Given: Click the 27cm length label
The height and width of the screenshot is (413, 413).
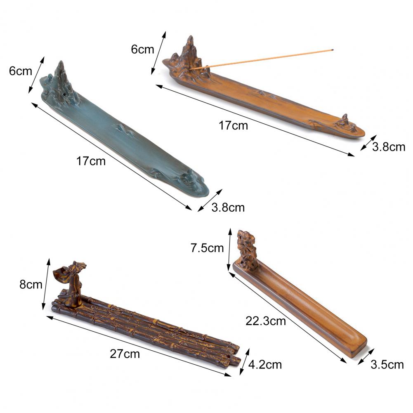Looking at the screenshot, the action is coord(125,354).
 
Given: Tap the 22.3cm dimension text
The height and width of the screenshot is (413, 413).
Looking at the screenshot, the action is coord(266,321).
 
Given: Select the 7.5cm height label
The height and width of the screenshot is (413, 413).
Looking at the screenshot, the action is coord(207,248).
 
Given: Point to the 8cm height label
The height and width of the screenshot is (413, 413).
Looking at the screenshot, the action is coord(31,285).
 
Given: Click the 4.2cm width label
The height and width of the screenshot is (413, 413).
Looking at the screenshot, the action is coord(265,365).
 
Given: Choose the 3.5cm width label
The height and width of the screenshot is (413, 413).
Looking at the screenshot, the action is coord(387,365).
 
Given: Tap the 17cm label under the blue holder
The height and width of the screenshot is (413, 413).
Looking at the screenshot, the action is coord(91,161).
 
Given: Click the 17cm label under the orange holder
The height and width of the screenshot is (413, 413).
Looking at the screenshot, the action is coord(234,126).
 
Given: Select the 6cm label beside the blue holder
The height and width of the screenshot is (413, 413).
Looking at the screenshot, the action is coord(21,71).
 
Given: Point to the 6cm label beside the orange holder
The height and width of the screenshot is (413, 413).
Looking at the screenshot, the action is coord(142,50).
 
